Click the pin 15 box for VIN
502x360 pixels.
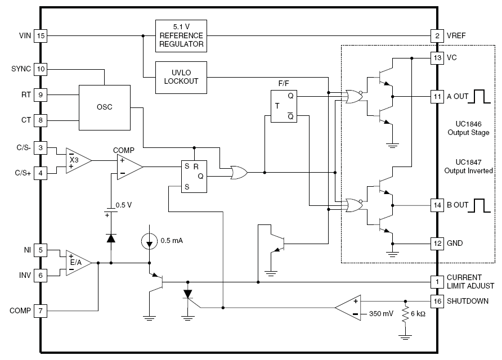click(41, 35)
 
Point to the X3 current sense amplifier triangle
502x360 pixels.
click(78, 161)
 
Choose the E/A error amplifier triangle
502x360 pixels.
click(78, 263)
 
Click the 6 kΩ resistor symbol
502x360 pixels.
click(405, 314)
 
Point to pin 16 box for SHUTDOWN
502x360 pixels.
click(437, 301)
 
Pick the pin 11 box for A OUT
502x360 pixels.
click(437, 97)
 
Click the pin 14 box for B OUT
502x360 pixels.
click(437, 205)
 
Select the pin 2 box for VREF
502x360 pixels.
click(437, 35)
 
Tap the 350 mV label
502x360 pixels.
click(381, 314)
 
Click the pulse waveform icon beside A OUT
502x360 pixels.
click(479, 97)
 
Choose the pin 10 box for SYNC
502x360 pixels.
click(41, 69)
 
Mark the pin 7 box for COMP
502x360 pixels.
click(41, 310)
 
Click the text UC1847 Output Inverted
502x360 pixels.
click(468, 166)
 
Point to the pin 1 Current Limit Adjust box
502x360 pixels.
click(437, 282)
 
